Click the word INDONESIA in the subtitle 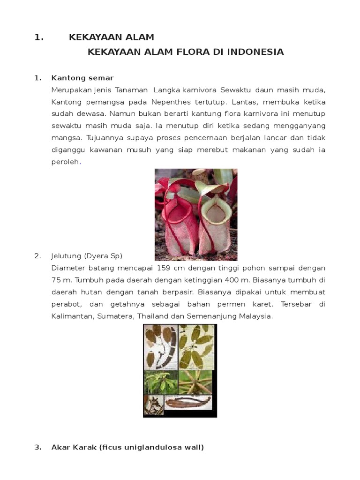tap(255, 52)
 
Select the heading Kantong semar tap(82, 78)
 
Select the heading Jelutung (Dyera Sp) tap(87, 256)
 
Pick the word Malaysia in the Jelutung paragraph tap(255, 316)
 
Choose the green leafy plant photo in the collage tap(161, 382)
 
